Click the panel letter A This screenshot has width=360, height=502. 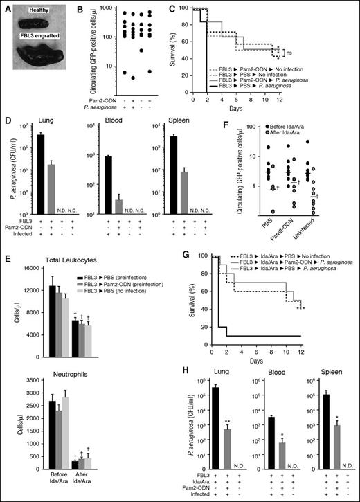(8, 7)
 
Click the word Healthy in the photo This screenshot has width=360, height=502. (47, 10)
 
